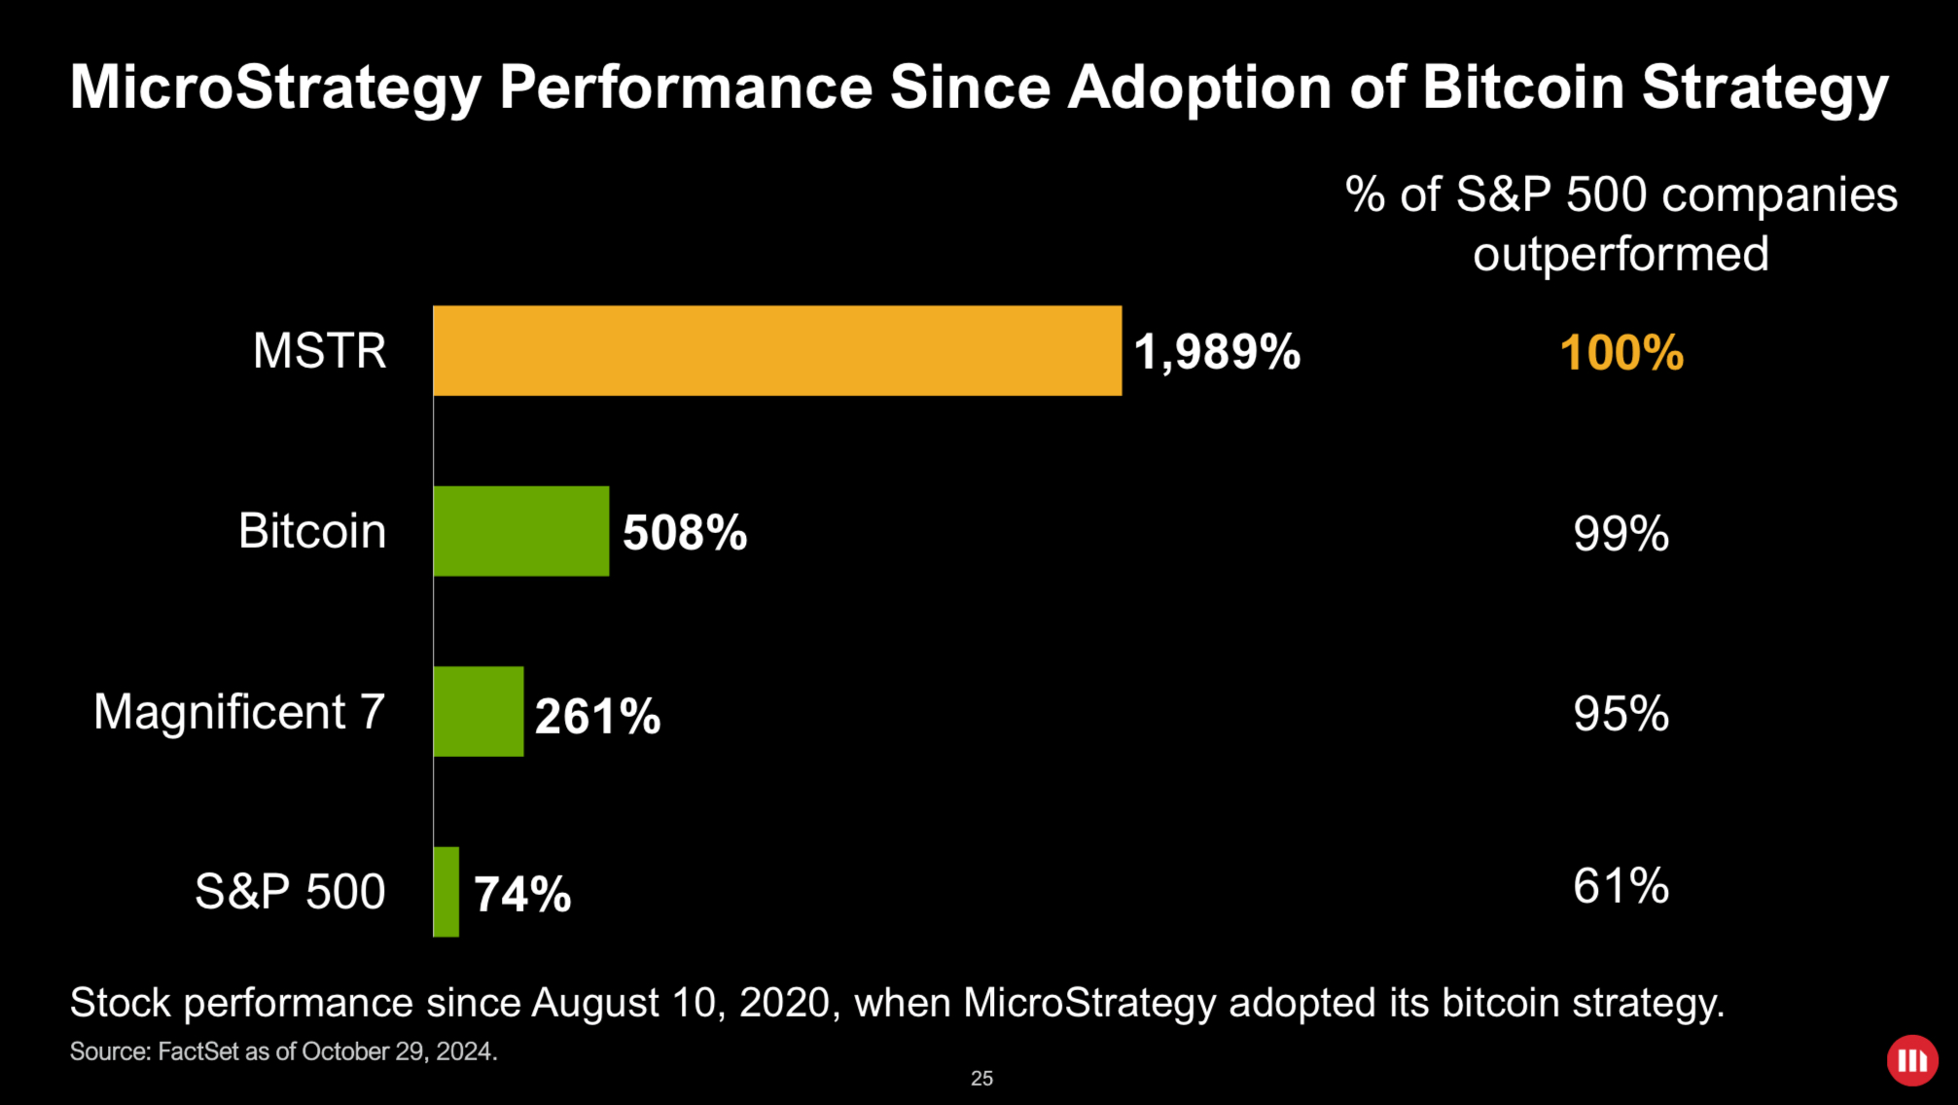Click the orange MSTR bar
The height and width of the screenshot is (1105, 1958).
pos(776,350)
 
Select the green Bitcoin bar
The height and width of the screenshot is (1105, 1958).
pos(521,531)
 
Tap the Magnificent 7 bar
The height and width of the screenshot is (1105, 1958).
pos(479,711)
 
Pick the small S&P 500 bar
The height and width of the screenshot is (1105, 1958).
pos(445,892)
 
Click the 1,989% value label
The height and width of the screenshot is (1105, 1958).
pos(1217,352)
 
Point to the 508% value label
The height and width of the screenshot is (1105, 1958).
pos(685,533)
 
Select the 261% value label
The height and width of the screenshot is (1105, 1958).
pos(597,717)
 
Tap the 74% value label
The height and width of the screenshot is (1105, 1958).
pos(522,895)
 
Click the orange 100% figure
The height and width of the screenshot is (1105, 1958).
pos(1620,353)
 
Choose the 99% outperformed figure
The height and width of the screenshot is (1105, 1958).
pos(1620,534)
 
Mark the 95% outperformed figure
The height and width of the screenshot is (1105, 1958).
pos(1620,714)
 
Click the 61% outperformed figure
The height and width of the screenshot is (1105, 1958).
pos(1620,886)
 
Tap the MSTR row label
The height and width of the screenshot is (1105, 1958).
pos(319,351)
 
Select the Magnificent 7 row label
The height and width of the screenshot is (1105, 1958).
pos(239,712)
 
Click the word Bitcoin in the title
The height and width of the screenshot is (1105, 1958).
pos(1523,88)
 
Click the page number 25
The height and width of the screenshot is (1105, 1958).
pos(981,1078)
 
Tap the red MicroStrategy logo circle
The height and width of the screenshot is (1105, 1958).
pos(1912,1060)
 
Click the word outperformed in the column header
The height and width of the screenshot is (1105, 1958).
pos(1620,255)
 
